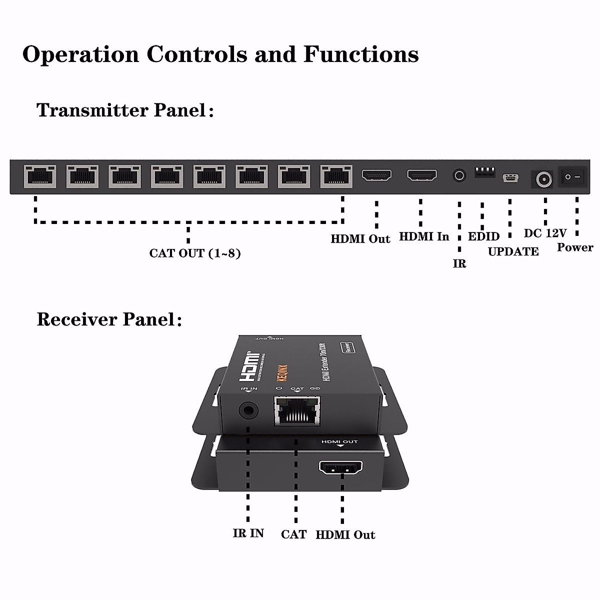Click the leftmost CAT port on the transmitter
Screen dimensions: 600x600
[x=40, y=176]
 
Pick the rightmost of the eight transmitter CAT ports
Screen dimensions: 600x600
[x=336, y=176]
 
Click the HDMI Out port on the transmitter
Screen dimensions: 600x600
[x=376, y=175]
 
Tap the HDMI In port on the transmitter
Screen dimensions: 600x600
[x=421, y=175]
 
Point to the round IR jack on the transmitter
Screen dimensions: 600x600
[x=459, y=175]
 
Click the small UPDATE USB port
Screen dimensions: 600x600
[x=510, y=178]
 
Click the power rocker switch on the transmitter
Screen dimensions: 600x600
[x=573, y=177]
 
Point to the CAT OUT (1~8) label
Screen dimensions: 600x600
[x=195, y=253]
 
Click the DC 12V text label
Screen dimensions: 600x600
[x=545, y=233]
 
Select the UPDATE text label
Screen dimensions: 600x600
[x=513, y=251]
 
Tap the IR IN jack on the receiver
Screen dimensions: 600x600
[x=248, y=410]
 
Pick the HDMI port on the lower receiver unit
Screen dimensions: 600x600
[x=341, y=468]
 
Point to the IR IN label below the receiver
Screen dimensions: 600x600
[x=248, y=533]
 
